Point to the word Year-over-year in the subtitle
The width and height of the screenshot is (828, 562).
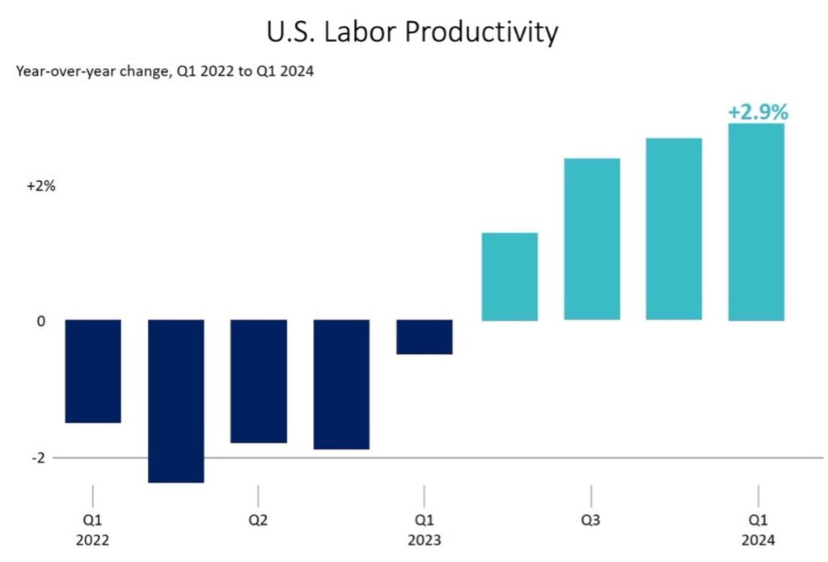tap(61, 71)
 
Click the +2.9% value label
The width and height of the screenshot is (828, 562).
tap(758, 112)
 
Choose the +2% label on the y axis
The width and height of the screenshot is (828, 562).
tap(40, 186)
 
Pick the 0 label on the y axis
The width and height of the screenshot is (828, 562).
tap(40, 321)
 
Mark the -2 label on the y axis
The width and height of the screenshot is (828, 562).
tap(39, 458)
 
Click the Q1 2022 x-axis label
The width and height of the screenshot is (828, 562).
tap(93, 530)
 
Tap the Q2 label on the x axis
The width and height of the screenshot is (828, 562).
tap(258, 521)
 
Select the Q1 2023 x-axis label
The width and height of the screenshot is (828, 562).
tap(424, 530)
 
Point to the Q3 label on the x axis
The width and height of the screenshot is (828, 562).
tap(591, 521)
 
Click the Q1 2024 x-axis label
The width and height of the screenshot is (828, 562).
tap(758, 530)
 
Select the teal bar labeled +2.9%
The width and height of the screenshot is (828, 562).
tap(756, 222)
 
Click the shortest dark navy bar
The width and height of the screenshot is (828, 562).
tap(425, 336)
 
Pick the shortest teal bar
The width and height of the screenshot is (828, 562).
tap(509, 277)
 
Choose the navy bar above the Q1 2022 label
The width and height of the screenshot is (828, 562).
tap(93, 370)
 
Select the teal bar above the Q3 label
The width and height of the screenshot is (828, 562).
tap(592, 239)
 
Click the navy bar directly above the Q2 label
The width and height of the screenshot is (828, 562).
tap(259, 381)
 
